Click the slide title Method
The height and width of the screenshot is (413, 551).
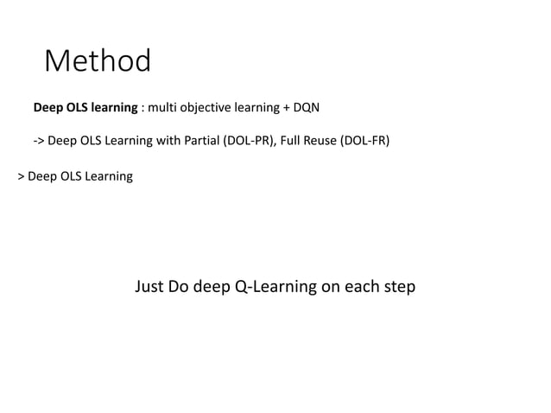[x=98, y=61]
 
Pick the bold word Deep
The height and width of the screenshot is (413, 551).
[x=48, y=108]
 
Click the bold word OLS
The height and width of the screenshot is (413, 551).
[x=80, y=108]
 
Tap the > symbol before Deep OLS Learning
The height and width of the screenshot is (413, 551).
[x=21, y=176]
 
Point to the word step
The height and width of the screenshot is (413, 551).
[x=398, y=287]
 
